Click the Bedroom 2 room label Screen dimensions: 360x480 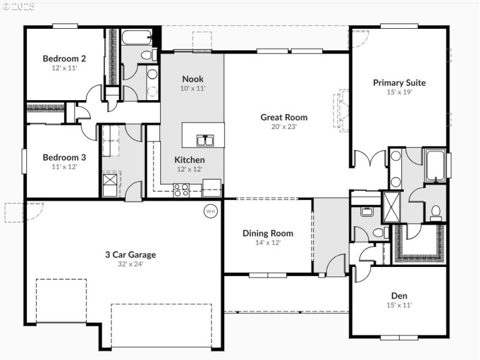64,58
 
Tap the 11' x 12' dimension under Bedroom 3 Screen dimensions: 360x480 64,167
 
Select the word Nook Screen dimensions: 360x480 193,79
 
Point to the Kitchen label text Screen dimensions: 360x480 190,160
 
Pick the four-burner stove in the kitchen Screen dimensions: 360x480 181,190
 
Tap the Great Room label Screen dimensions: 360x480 284,117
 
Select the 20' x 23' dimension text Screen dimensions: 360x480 284,127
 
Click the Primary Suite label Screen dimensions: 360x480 399,83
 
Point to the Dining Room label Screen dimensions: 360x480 268,233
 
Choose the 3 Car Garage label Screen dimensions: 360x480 130,254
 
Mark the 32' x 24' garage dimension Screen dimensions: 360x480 130,263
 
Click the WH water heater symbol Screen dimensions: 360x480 211,211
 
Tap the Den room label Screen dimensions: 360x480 399,295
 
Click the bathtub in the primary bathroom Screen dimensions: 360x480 435,166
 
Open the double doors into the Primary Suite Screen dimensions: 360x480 370,160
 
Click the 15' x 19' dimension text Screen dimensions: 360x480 399,92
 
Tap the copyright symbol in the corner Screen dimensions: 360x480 6,7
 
